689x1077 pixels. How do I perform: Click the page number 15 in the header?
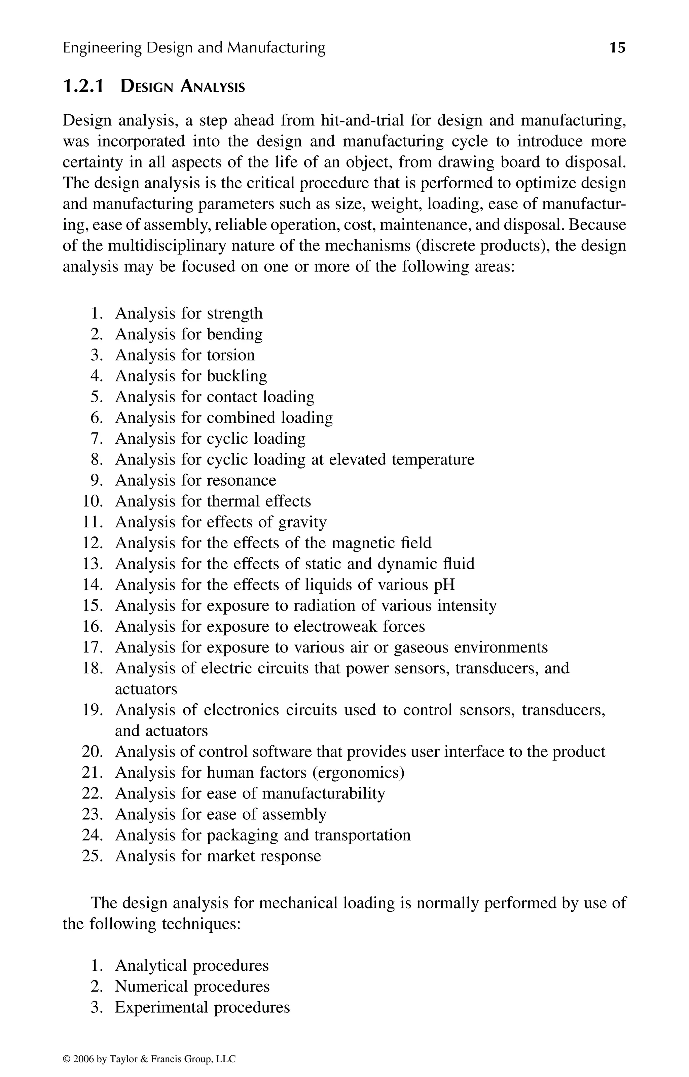(617, 47)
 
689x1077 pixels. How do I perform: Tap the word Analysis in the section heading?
(213, 86)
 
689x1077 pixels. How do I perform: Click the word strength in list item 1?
(234, 313)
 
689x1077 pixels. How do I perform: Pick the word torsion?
(230, 355)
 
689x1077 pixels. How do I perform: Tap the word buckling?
(237, 376)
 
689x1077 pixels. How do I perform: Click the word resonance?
(241, 480)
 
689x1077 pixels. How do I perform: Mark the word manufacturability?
(323, 793)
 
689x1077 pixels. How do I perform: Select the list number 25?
(93, 856)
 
